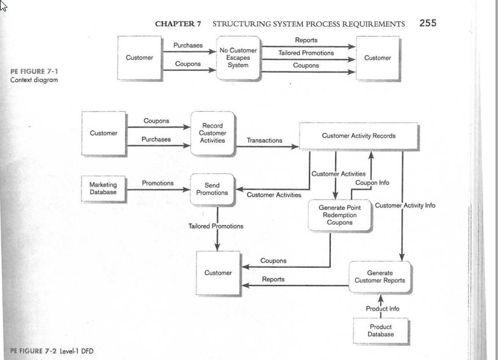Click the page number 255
(428, 23)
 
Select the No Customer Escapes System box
(238, 58)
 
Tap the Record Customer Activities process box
(212, 133)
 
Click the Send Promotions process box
(212, 189)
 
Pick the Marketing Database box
(103, 189)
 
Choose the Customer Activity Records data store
(359, 136)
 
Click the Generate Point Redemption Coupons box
(339, 215)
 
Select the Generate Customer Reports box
(380, 277)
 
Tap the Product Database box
(380, 331)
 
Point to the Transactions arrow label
(265, 140)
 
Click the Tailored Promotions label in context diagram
(306, 53)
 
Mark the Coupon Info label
(372, 183)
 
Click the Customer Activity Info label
(405, 206)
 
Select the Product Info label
(383, 309)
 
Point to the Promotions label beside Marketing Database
(158, 183)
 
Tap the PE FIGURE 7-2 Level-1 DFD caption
(52, 351)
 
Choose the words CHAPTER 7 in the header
(178, 24)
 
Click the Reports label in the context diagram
(306, 40)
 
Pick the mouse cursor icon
(3, 6)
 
